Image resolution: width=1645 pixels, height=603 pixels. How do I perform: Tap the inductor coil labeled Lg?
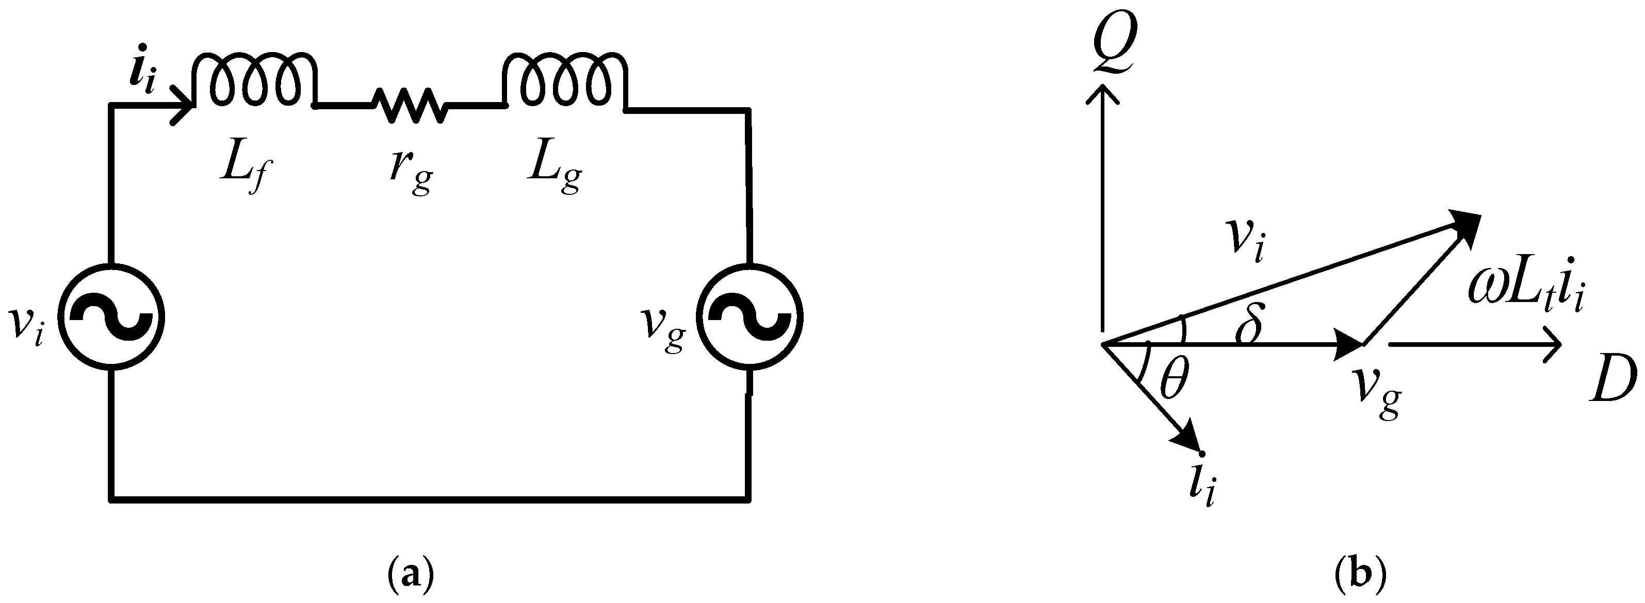pos(565,79)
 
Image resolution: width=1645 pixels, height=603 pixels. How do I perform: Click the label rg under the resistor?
pos(411,172)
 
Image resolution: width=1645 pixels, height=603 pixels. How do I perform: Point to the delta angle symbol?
pos(1248,327)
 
